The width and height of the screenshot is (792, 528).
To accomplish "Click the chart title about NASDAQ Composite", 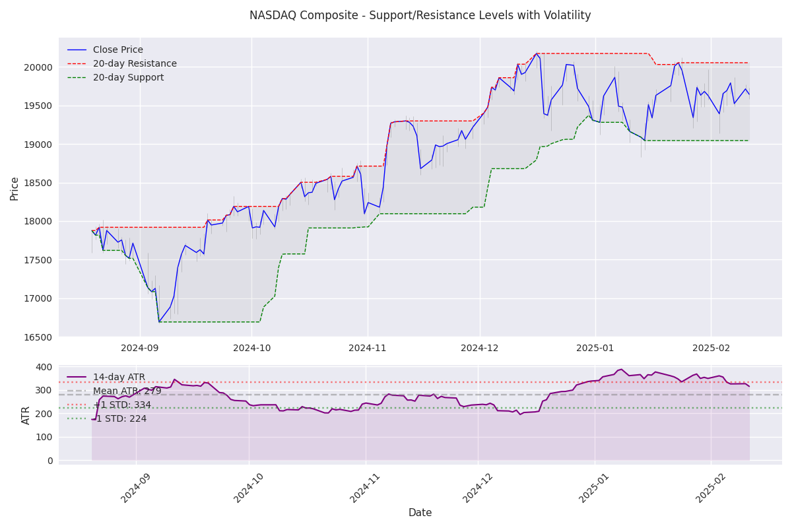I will pos(420,15).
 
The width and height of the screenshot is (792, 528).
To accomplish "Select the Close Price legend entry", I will pos(117,50).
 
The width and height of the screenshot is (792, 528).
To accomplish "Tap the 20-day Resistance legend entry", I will pos(135,64).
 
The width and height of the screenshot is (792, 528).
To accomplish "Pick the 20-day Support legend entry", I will pos(128,78).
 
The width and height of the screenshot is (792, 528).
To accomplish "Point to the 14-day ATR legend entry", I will pos(119,378).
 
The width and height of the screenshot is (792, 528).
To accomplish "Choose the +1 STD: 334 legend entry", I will pos(122,405).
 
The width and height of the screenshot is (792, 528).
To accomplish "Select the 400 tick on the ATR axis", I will pos(45,367).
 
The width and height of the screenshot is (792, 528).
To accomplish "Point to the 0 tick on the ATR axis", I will pos(49,461).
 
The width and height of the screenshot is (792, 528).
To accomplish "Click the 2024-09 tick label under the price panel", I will pos(140,348).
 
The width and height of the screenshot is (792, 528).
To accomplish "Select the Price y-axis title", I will pos(15,188).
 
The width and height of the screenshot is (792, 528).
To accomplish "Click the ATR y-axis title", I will pos(26,415).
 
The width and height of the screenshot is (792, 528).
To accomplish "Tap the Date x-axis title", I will pos(420,513).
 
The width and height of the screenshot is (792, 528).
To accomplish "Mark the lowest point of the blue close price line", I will pos(159,322).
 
